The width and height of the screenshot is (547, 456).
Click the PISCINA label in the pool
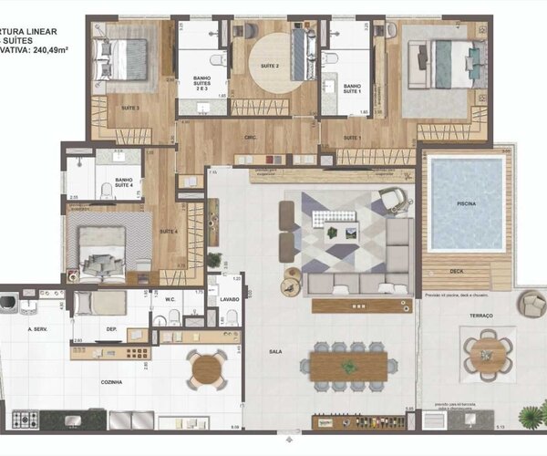pos(467,204)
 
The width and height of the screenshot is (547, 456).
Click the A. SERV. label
pos(38,328)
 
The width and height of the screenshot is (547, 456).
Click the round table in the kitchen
pos(208,369)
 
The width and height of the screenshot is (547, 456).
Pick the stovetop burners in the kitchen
pos(25,420)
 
